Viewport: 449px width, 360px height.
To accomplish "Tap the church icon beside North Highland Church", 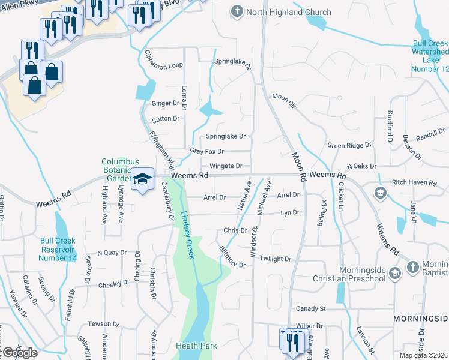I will [x=238, y=11].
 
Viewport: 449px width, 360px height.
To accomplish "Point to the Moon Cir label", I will [x=285, y=96].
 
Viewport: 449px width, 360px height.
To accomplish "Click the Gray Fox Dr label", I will [x=206, y=151].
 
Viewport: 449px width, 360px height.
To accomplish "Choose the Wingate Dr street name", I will [x=226, y=166].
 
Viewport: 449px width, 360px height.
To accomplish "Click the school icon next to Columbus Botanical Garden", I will [x=142, y=179].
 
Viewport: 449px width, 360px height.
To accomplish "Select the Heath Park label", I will [x=196, y=346].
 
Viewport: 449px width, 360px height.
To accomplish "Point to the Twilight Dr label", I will [x=276, y=259].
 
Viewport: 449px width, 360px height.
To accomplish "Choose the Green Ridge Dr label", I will [x=349, y=145].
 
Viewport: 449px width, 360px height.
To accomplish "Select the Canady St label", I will [x=310, y=308].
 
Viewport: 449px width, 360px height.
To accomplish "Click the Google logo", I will [x=19, y=353].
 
